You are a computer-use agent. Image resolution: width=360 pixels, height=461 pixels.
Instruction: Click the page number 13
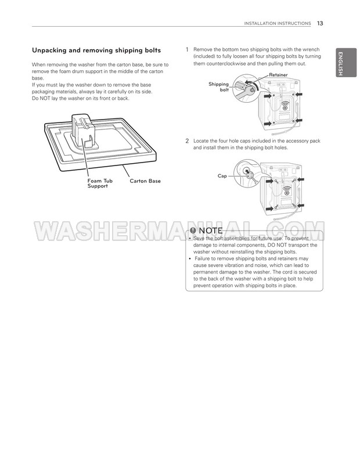320,23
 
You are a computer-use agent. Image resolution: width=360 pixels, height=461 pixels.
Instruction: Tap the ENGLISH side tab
346,63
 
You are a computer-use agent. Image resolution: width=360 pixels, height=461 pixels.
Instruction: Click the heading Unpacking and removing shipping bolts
96,51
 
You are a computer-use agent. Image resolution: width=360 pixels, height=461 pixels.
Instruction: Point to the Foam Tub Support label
100,183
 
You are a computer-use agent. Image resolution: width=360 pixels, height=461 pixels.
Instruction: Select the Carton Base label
145,181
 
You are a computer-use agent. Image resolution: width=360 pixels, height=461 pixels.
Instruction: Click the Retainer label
278,75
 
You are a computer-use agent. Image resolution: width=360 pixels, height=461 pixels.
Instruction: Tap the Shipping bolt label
218,87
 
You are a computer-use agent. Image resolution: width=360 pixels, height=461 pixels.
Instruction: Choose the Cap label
222,176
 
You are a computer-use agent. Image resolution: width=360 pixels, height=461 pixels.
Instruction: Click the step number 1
187,50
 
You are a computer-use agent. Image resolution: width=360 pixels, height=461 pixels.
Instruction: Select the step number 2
187,141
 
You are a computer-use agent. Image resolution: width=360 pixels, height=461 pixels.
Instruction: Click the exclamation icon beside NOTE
193,230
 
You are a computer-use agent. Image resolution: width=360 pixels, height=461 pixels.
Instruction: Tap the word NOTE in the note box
211,230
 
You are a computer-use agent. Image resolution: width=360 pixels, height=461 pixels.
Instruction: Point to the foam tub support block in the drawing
83,129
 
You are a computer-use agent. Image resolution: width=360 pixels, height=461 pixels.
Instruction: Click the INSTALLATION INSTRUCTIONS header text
278,24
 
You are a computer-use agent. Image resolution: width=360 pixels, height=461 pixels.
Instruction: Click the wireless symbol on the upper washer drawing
285,106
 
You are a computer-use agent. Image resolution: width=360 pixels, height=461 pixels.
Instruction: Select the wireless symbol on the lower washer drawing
286,191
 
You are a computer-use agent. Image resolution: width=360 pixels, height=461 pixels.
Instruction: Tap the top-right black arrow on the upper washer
298,95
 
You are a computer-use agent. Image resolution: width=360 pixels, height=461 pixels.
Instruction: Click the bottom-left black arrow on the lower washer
269,209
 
